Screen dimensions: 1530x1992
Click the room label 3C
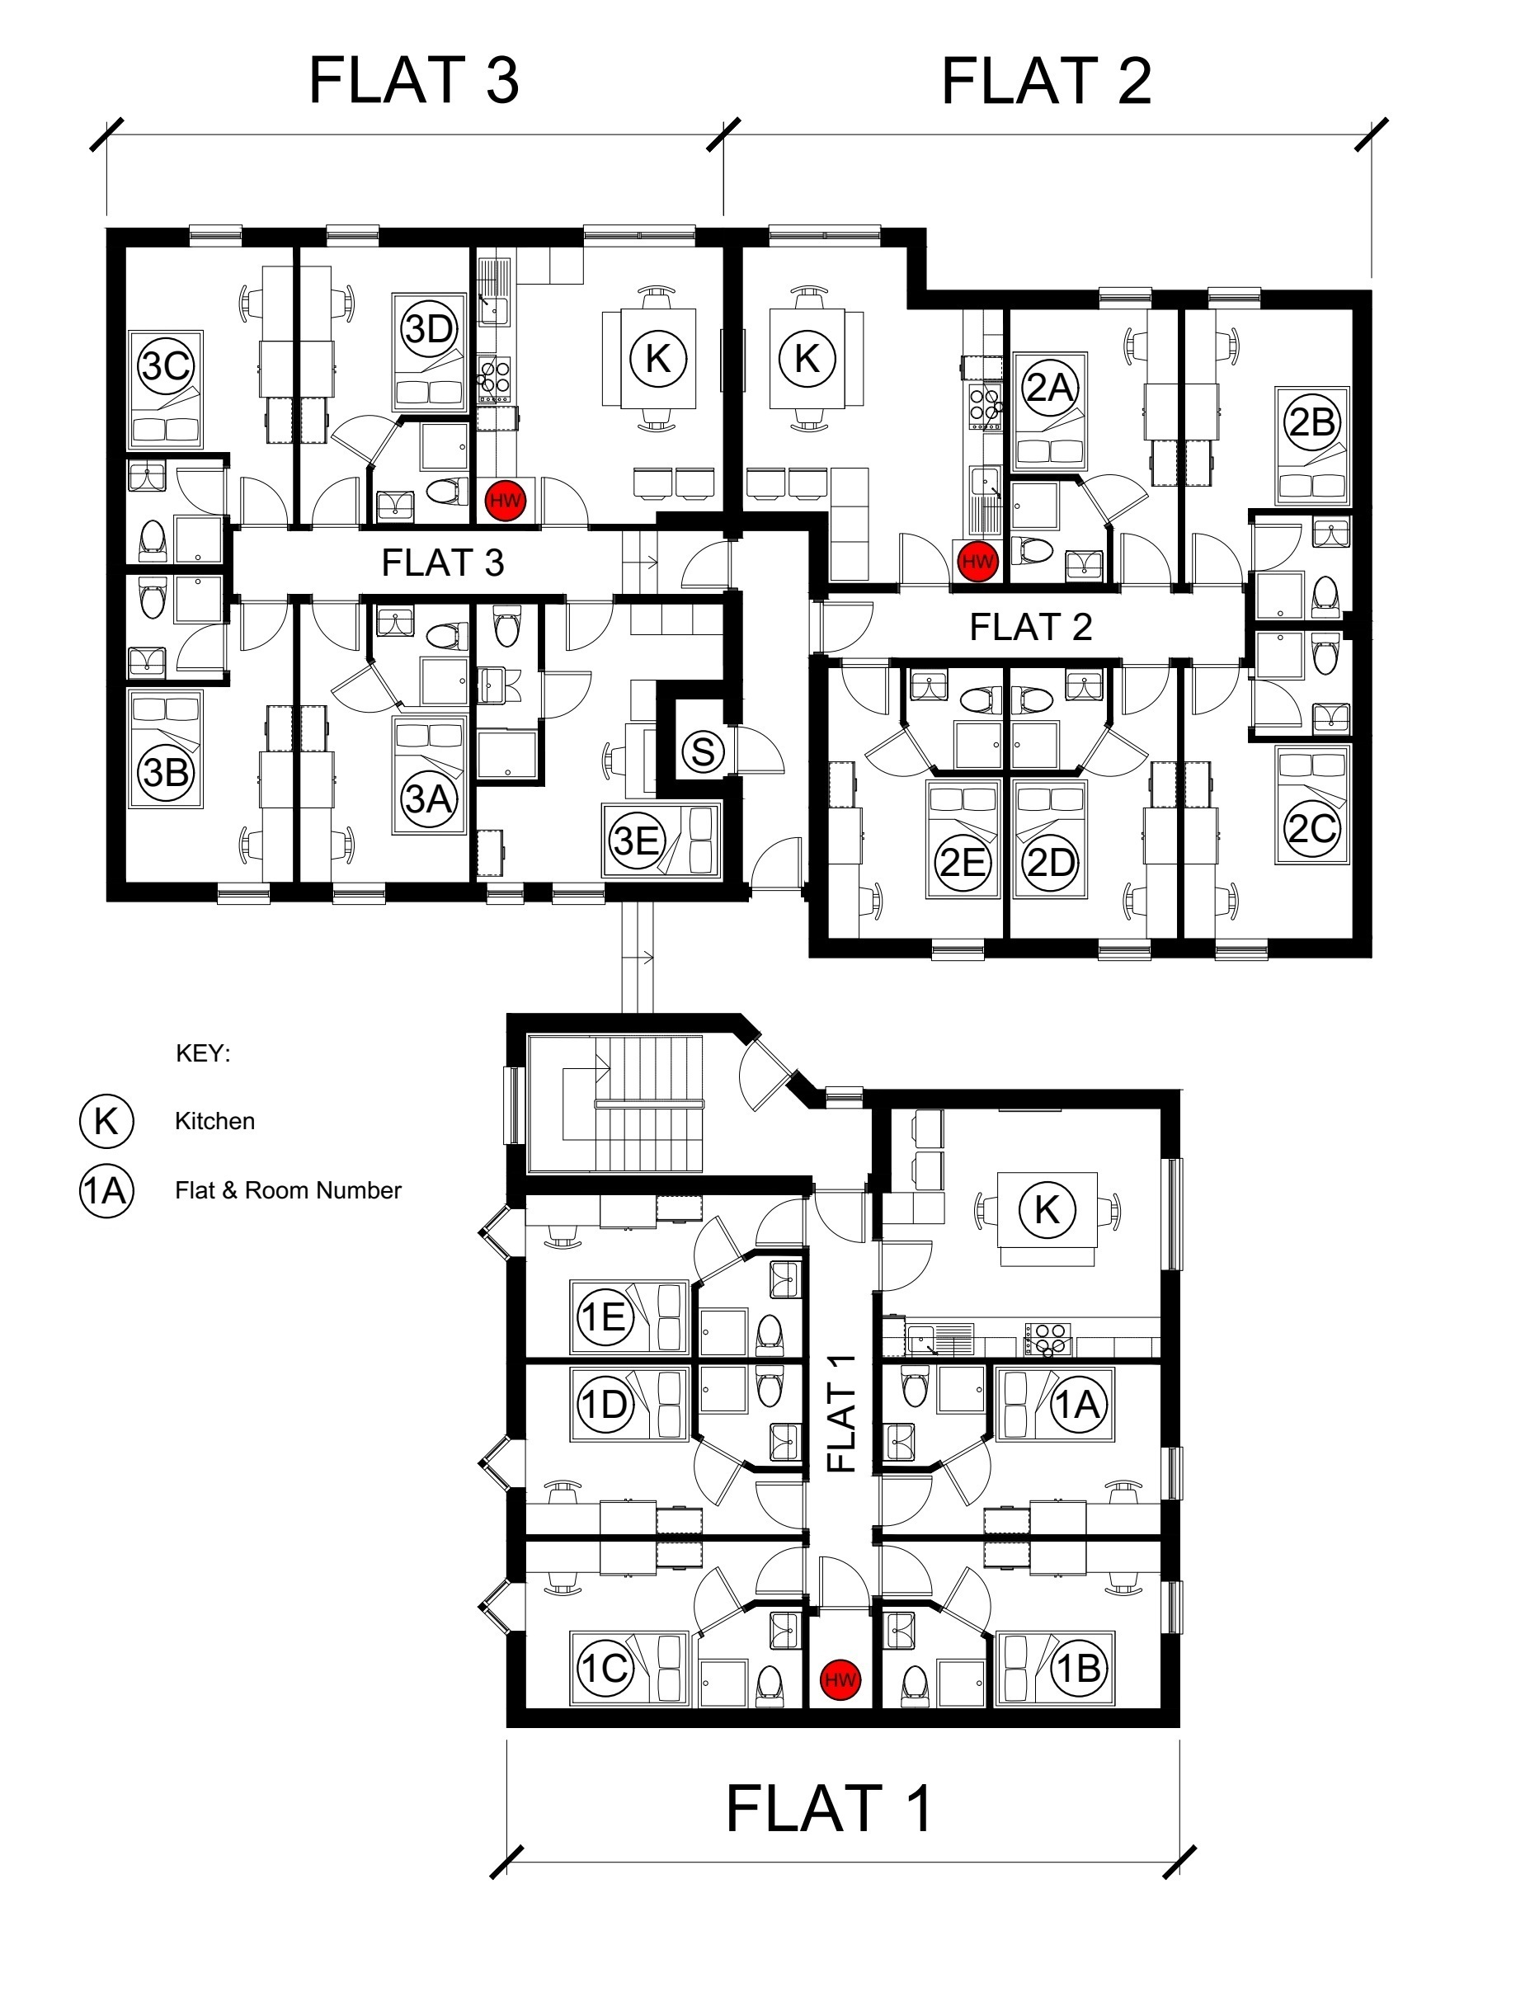166,366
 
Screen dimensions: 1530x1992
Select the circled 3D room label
429,329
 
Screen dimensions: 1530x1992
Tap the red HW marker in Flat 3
506,501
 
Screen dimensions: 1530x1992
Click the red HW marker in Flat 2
977,561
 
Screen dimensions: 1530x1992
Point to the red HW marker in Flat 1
840,1679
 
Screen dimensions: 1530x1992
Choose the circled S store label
702,751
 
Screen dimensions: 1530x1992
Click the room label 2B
1312,421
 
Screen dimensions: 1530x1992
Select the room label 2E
963,862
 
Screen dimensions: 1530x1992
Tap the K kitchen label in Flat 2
807,358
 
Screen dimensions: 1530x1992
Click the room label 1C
605,1668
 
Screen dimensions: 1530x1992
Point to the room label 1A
1078,1405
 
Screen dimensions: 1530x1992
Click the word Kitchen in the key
215,1121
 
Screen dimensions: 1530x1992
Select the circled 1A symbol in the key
106,1190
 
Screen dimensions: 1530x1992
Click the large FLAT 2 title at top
1047,81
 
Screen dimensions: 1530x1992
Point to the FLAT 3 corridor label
443,563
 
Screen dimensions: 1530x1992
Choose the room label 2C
1312,828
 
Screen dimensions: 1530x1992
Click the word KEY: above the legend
203,1054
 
